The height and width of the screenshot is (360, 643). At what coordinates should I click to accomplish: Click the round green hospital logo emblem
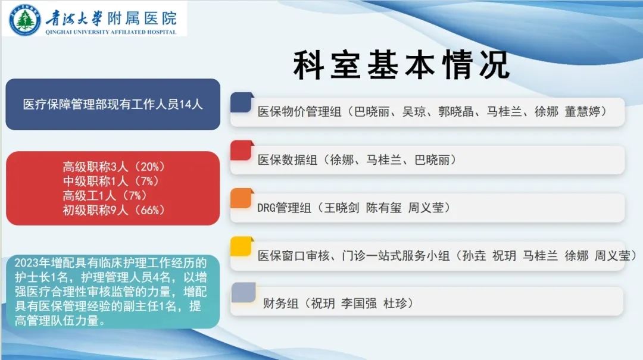point(25,20)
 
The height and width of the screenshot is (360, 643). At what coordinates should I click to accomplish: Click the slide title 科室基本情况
point(402,65)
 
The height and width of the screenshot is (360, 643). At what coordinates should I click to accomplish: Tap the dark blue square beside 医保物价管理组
point(242,102)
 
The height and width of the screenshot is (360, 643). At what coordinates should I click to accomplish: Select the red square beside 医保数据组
point(242,151)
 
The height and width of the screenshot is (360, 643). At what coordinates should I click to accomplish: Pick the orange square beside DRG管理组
point(242,199)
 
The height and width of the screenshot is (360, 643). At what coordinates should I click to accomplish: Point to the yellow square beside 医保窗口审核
point(242,246)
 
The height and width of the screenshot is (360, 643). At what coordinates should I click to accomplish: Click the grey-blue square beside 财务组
point(244,292)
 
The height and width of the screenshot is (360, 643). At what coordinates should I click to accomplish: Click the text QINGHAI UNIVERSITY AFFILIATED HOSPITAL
point(111,32)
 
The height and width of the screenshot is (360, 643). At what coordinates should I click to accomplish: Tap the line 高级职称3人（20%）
point(114,167)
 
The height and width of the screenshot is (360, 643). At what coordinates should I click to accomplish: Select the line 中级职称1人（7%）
point(111,181)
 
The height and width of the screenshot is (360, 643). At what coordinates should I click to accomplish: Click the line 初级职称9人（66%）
point(114,210)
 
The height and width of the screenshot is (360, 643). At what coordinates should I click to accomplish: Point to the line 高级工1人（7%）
point(105,196)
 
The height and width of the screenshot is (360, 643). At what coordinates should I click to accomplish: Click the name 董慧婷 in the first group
point(582,111)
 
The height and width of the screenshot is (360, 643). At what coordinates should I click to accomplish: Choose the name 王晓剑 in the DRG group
point(342,208)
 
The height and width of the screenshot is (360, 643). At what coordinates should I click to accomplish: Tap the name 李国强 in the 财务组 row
point(359,303)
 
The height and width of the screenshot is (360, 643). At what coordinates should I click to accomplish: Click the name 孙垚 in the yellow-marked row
point(474,256)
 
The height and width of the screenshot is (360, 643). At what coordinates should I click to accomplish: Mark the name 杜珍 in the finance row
point(395,303)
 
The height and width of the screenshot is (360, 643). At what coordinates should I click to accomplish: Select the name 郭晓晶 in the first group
point(455,111)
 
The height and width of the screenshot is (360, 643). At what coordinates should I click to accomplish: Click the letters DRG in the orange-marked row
point(266,208)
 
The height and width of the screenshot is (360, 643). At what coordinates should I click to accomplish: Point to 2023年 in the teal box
point(32,263)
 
